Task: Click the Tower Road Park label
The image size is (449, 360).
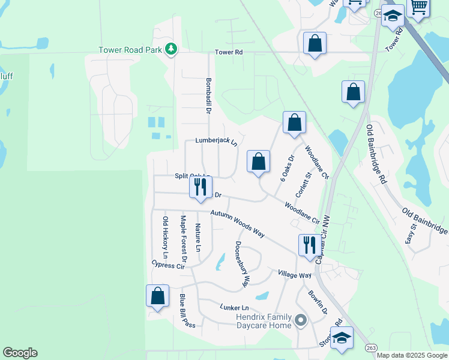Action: pyautogui.click(x=131, y=50)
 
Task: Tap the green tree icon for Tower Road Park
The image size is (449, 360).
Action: pyautogui.click(x=170, y=49)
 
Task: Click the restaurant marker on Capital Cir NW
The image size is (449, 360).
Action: pyautogui.click(x=309, y=245)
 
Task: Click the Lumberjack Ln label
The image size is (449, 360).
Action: pyautogui.click(x=216, y=142)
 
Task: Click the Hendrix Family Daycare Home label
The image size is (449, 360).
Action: pyautogui.click(x=263, y=321)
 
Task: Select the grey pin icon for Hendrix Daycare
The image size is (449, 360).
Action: pyautogui.click(x=301, y=320)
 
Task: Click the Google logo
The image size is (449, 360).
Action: pyautogui.click(x=20, y=353)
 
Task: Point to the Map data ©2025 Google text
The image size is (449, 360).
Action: pyautogui.click(x=412, y=355)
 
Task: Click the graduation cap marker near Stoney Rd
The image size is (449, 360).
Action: pyautogui.click(x=342, y=339)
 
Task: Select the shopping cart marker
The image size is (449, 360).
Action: pyautogui.click(x=419, y=7)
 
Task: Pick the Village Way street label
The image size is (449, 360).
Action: pyautogui.click(x=295, y=274)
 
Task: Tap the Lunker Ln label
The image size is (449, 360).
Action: pyautogui.click(x=234, y=308)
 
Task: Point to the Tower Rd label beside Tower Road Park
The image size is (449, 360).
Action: pyautogui.click(x=229, y=53)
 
